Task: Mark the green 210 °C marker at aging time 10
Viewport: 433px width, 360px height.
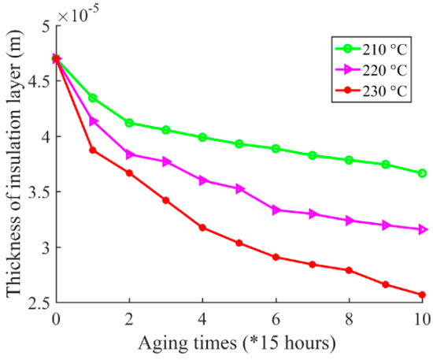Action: [423, 173]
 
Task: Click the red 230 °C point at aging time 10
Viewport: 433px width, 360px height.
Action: [423, 295]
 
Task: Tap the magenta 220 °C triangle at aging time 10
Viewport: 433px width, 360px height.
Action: [423, 229]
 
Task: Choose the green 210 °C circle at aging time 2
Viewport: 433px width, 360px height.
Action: [129, 123]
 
